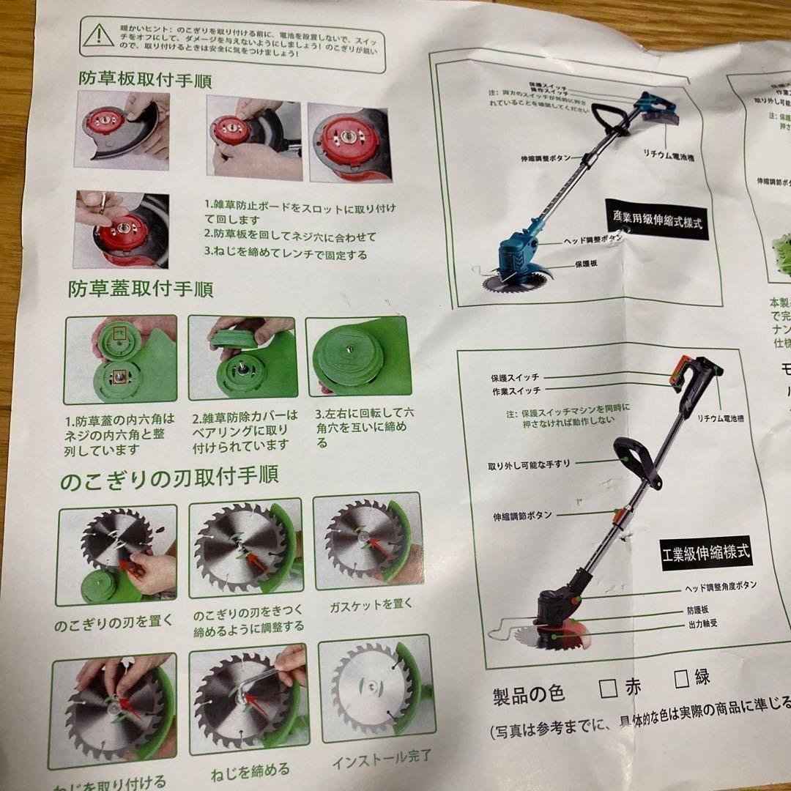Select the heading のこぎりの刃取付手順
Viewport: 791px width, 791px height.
point(169,476)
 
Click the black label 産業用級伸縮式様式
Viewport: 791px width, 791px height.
point(657,219)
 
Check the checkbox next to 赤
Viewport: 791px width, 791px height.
point(606,688)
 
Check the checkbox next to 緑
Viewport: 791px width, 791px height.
point(682,678)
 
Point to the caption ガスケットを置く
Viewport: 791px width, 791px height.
point(371,605)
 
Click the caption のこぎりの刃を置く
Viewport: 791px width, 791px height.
point(114,625)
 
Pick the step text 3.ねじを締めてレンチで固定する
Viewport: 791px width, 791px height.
point(286,255)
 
